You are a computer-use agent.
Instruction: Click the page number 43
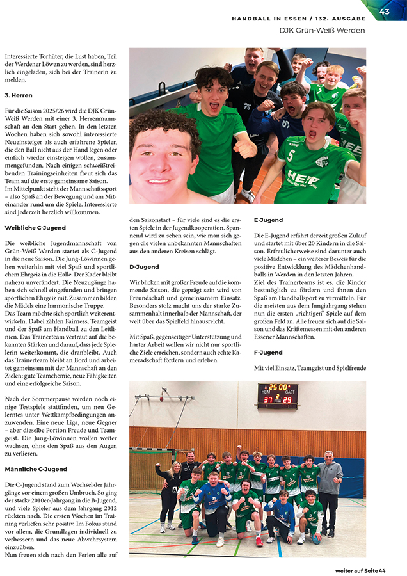385,11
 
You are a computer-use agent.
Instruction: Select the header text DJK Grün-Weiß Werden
322,30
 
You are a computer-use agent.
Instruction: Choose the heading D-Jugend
144,266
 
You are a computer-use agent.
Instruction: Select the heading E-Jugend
268,220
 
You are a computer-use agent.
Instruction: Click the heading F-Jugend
268,352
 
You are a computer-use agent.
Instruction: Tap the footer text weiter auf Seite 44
360,570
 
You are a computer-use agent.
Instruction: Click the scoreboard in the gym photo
277,395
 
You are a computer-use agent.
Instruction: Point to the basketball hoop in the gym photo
165,402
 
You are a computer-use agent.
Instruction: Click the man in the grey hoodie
329,490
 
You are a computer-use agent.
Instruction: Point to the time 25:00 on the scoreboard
277,387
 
